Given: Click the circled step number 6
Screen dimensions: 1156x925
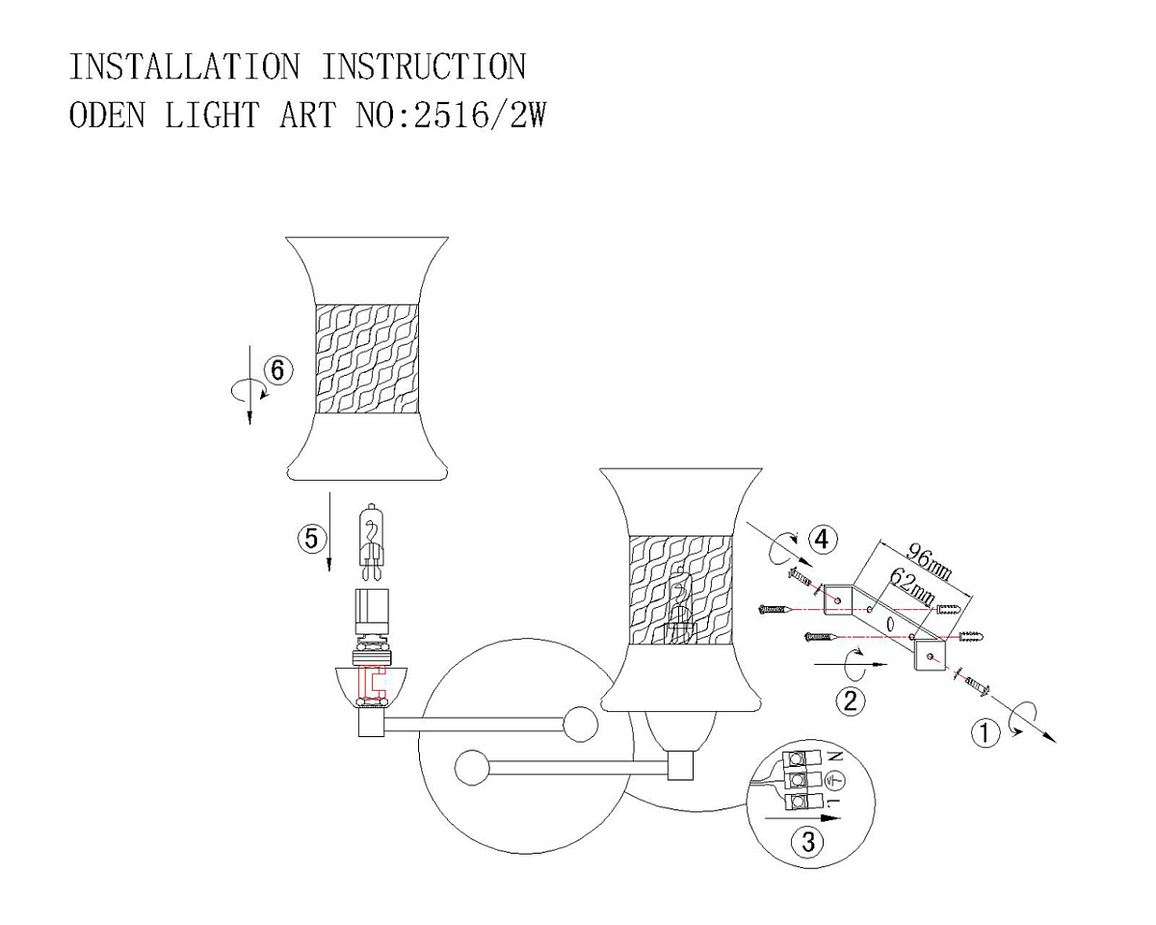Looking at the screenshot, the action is [278, 370].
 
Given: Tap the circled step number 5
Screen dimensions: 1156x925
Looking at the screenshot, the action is [312, 538].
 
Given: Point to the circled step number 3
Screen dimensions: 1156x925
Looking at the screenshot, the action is [808, 841].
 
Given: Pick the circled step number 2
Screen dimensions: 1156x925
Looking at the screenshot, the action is [851, 700].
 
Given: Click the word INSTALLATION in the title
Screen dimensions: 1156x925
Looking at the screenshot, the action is [184, 67].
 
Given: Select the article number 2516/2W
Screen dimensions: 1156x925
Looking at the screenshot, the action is [480, 116].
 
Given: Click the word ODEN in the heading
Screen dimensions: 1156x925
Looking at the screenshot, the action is [107, 116].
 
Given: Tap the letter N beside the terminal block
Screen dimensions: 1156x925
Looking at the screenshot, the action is [836, 756].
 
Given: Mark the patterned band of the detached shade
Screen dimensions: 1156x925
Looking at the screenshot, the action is [367, 358].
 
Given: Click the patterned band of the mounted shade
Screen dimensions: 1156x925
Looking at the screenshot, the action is [681, 590].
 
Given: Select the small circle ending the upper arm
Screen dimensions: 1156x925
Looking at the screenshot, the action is [580, 724].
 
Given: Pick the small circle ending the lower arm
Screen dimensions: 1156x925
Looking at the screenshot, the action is [472, 767].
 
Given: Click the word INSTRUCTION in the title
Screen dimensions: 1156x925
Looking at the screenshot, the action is [424, 67].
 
